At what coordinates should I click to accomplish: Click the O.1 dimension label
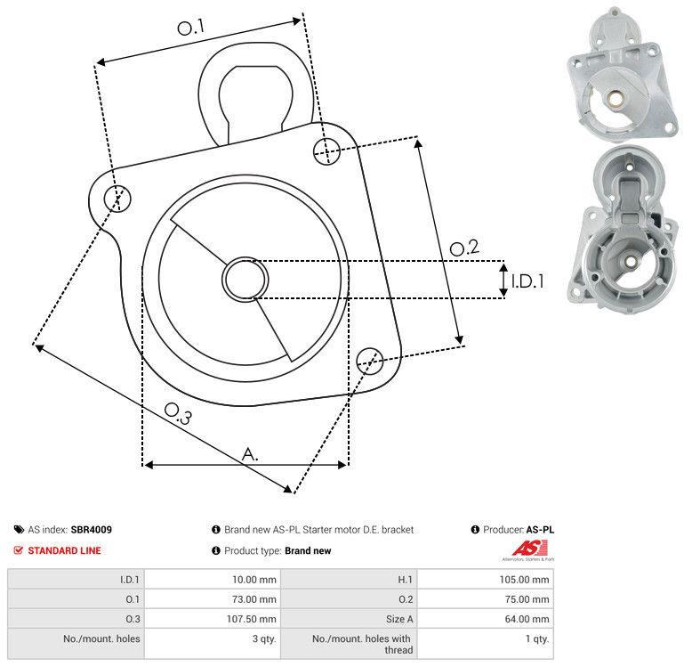(x=191, y=28)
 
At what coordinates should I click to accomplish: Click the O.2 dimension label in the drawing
(x=463, y=248)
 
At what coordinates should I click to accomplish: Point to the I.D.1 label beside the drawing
(x=527, y=281)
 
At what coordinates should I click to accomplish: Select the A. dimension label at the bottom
(x=250, y=454)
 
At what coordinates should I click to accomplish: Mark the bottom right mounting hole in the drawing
(x=369, y=360)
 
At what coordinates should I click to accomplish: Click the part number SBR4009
(x=92, y=529)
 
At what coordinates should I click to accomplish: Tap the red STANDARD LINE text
(x=64, y=550)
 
